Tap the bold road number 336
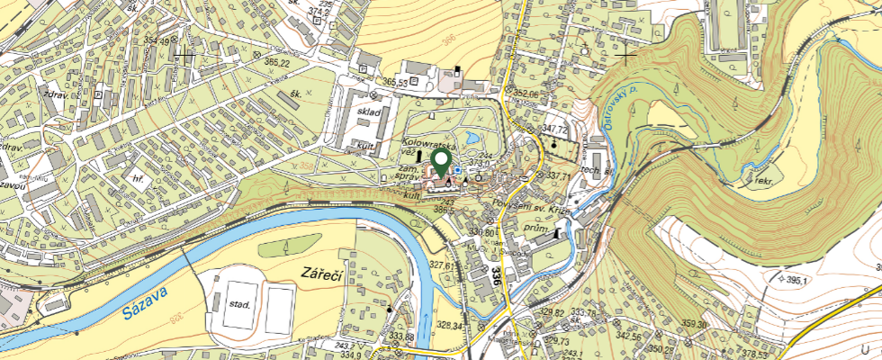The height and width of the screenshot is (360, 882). pyautogui.click(x=496, y=275)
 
